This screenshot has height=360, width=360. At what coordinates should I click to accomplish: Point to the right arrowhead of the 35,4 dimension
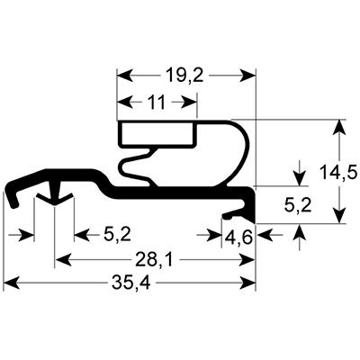251,285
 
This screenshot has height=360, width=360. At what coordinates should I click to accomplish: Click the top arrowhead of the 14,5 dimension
339,127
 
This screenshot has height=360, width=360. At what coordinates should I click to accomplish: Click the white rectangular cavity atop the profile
157,135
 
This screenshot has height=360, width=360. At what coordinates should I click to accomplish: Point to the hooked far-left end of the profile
13,193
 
